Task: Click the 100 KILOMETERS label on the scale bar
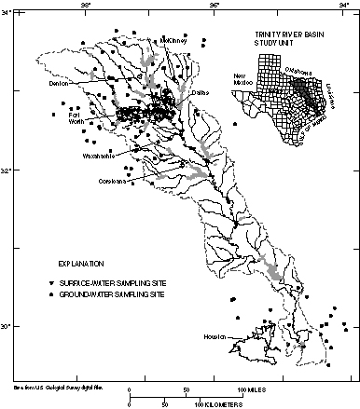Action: click(219, 404)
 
